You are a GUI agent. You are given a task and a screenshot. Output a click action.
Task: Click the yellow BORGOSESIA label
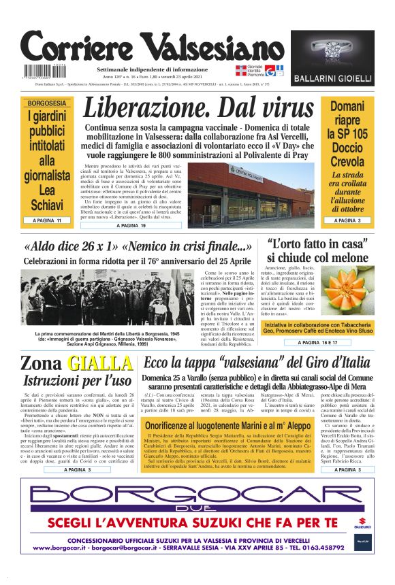[46, 103]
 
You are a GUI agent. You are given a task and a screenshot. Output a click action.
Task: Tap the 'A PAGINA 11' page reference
[46, 221]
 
